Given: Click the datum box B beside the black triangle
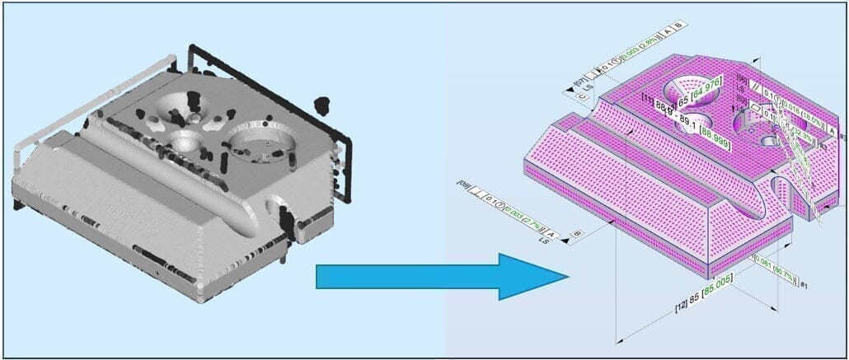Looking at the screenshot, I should coord(578,235).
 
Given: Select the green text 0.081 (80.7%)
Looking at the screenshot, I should coord(777,265).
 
